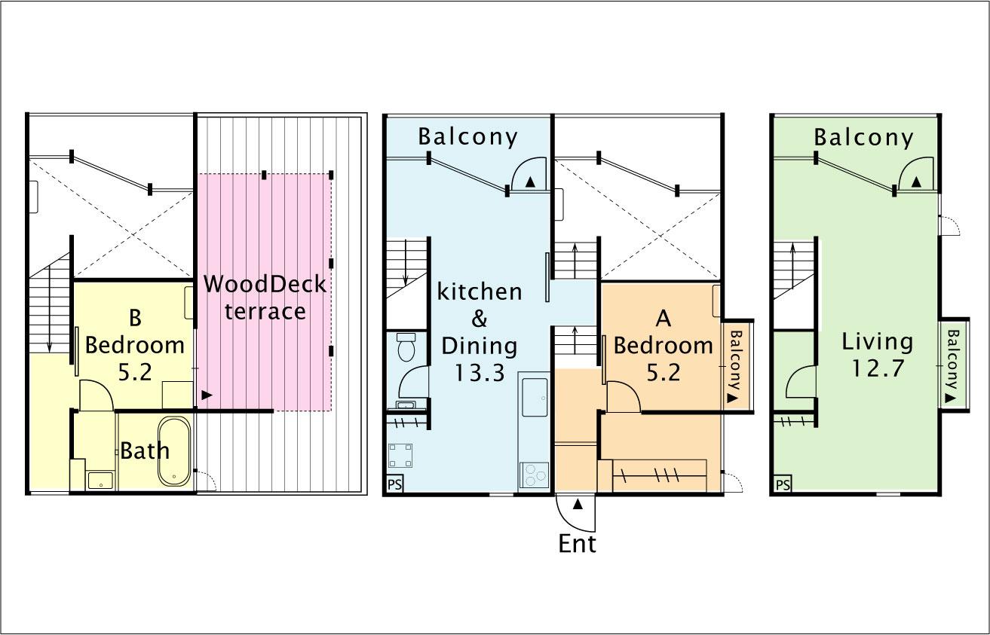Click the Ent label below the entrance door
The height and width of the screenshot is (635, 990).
[x=577, y=543]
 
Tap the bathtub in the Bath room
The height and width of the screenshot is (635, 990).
[x=175, y=451]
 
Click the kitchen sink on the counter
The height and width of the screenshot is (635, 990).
[x=534, y=395]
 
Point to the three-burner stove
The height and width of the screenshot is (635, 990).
[x=534, y=475]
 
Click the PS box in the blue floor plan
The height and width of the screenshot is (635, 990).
[x=394, y=484]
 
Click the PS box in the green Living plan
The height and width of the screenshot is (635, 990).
[x=783, y=484]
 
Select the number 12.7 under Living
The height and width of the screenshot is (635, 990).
[x=878, y=369]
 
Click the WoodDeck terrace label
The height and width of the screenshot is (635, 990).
[x=265, y=298]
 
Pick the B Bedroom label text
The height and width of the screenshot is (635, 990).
[x=135, y=344]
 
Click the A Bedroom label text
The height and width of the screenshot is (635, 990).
[x=663, y=345]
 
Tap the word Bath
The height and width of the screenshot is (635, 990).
[x=145, y=451]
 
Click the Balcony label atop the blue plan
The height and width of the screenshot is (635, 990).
[x=467, y=136]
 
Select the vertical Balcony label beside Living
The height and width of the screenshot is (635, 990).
[x=953, y=365]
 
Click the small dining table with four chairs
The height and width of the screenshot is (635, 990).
[x=400, y=456]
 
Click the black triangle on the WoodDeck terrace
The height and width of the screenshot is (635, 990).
[x=207, y=394]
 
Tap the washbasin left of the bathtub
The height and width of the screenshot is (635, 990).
[x=100, y=479]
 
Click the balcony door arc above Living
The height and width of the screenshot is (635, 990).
[x=915, y=175]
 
